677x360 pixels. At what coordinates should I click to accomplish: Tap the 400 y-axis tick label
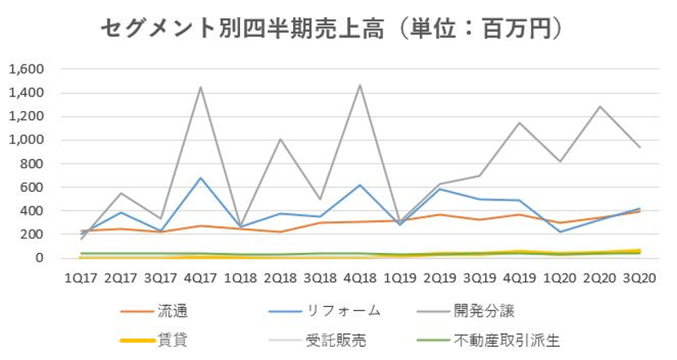tap(30, 211)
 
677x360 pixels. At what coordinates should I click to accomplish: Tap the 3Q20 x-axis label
tap(639, 278)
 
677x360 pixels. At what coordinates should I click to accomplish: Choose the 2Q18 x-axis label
tap(280, 278)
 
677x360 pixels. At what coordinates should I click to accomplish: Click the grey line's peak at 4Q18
tap(360, 85)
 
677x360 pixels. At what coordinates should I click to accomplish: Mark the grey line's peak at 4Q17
tap(200, 87)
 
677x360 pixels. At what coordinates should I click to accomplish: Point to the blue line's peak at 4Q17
tap(200, 178)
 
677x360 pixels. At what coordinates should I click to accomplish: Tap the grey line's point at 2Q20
tap(599, 106)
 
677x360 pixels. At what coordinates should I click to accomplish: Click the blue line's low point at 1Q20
tap(559, 232)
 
